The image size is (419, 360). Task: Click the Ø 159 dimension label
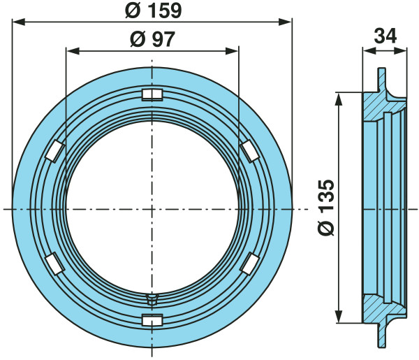pos(154,11)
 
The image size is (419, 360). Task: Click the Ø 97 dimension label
pos(152,39)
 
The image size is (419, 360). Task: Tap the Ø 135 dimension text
pos(326,208)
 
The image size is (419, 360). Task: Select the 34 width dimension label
pos(385,36)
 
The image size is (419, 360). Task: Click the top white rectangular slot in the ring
pos(152,94)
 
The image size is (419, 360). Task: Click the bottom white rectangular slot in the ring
pos(152,320)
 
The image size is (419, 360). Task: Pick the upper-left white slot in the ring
pos(54,151)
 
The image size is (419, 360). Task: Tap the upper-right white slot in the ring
pos(249,151)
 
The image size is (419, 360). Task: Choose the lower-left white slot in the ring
pos(54,264)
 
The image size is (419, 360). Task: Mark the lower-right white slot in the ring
pos(249,264)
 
